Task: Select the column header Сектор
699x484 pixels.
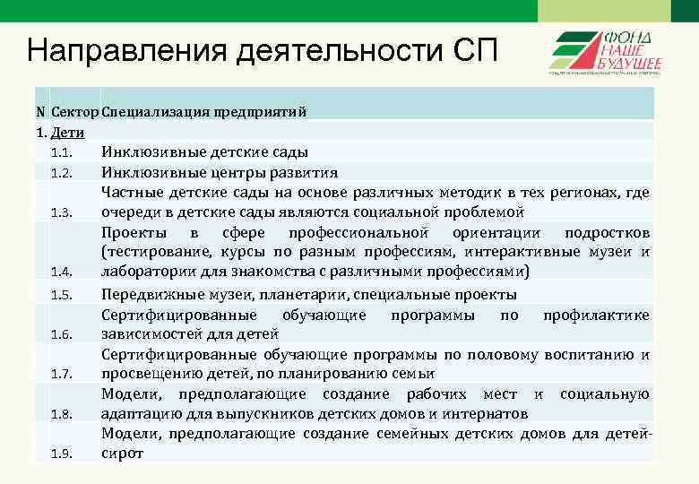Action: tap(75, 112)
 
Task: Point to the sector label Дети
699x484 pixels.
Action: tap(68, 133)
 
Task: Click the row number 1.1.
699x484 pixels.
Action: tap(61, 152)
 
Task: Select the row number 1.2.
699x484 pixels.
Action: tap(61, 172)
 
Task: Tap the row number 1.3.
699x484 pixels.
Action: tap(61, 212)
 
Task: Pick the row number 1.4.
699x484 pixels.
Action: tap(61, 272)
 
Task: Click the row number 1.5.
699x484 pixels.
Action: tap(61, 295)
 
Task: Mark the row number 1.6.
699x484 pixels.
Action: tap(61, 334)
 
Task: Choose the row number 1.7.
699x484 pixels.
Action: tap(61, 374)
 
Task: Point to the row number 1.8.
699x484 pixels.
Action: tap(61, 413)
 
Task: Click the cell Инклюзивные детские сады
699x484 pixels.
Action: tap(205, 151)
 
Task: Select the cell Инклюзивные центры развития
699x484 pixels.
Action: tap(220, 172)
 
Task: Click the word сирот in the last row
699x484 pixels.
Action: tap(122, 454)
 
